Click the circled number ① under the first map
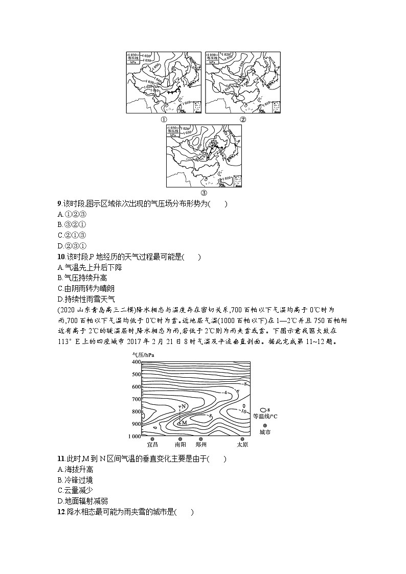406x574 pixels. click(164, 120)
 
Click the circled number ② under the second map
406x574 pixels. click(243, 120)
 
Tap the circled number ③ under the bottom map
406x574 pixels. click(204, 193)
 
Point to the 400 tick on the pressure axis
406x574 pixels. click(136, 362)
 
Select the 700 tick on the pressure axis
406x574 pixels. click(136, 399)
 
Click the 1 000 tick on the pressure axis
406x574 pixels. click(134, 437)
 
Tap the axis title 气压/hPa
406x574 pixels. click(143, 355)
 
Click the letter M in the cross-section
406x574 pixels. click(184, 423)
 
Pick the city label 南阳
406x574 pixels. click(180, 445)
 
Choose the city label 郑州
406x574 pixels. click(201, 445)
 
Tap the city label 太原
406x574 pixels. click(242, 445)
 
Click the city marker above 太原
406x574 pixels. click(242, 439)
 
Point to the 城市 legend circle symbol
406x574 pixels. click(264, 425)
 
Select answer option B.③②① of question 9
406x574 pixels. click(72, 224)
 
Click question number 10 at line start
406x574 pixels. click(61, 257)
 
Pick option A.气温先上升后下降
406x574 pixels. click(90, 267)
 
